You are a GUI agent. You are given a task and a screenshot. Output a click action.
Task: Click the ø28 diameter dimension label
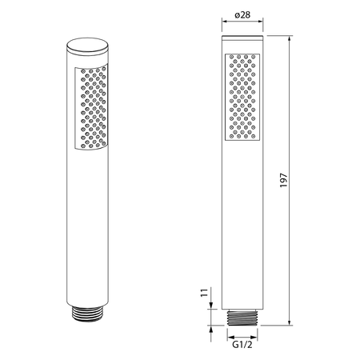click(x=242, y=15)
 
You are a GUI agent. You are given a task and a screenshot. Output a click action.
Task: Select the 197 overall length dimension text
click(x=283, y=180)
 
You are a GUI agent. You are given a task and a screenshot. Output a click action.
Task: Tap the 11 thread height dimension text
click(x=204, y=293)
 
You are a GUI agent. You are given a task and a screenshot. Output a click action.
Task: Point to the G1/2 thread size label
click(x=242, y=345)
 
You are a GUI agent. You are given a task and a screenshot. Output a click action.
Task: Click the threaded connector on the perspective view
click(x=87, y=314)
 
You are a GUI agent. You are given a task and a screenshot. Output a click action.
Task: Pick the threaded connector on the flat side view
click(x=242, y=318)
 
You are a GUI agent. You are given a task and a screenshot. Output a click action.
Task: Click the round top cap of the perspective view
click(x=87, y=46)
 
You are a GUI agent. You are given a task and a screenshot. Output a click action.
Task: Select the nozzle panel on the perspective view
click(x=91, y=106)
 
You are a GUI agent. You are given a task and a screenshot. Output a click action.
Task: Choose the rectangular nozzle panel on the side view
click(x=242, y=97)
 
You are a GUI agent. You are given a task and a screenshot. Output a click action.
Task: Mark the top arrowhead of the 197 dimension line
click(x=290, y=38)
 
